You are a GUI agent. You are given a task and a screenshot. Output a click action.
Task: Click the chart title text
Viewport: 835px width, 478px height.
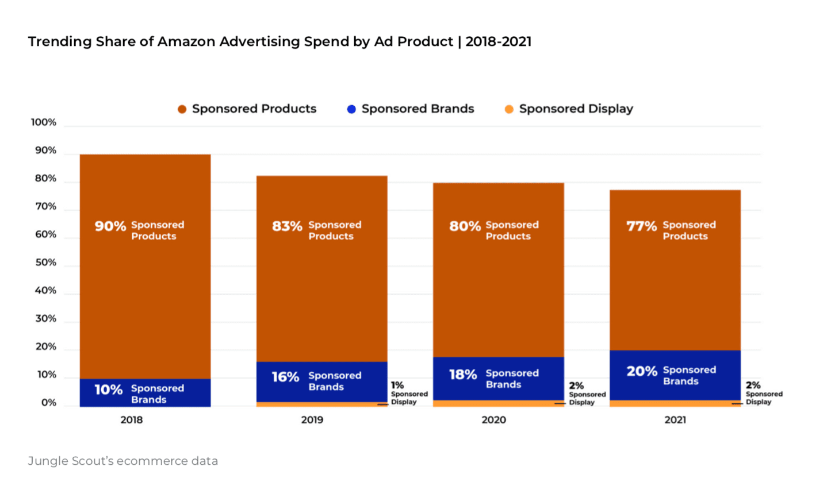pos(279,43)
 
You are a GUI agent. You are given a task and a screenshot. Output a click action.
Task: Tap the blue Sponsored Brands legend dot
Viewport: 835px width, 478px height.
pos(352,109)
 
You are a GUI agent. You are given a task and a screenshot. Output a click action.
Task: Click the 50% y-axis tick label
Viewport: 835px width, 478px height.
pos(44,263)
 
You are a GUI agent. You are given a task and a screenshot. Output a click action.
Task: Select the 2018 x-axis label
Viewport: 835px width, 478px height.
pos(132,420)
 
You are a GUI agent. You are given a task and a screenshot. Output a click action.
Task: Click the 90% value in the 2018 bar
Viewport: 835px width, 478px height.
pos(110,226)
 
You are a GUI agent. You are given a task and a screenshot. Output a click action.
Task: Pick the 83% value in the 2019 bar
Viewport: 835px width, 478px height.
pos(287,226)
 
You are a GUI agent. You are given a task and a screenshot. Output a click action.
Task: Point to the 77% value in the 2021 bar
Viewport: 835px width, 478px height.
pos(641,226)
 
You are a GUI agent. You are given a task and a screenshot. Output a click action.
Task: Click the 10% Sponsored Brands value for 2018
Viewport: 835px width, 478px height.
pos(109,390)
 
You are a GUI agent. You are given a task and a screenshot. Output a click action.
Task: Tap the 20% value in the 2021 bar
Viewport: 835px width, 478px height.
pos(642,372)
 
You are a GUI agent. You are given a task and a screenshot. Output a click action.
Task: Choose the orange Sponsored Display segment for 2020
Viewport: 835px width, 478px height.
pos(498,403)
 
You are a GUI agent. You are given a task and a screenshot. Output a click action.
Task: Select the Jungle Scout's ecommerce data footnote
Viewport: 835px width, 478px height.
pos(122,461)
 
